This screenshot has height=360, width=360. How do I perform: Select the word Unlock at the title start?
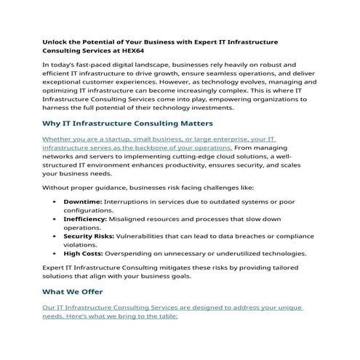[x=57, y=41]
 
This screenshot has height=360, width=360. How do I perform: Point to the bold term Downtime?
[x=83, y=201]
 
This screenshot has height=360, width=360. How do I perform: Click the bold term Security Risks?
[x=91, y=236]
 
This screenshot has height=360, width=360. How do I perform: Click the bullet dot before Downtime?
[x=56, y=201]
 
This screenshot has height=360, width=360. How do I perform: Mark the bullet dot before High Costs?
[x=56, y=253]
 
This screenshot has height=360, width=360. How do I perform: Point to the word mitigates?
[x=177, y=268]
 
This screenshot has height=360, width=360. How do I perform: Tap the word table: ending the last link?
[x=166, y=316]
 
